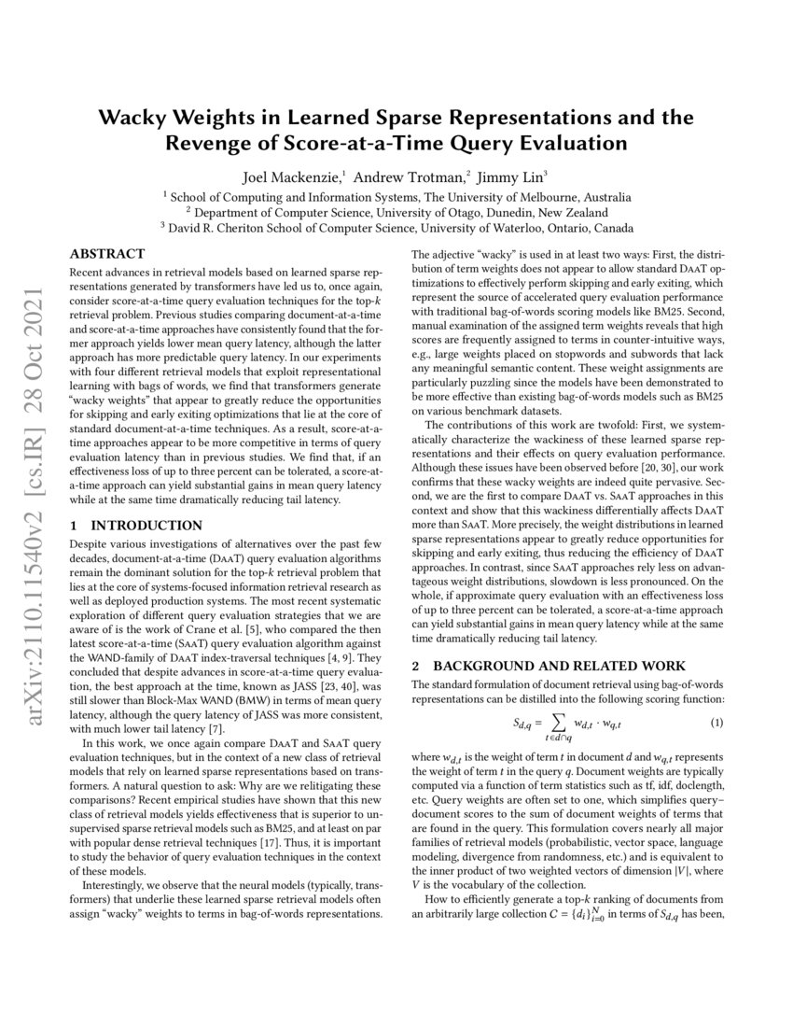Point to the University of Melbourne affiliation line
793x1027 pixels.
396,197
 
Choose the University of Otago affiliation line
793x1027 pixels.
396,212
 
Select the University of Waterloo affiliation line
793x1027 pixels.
396,227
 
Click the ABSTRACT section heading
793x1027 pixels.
108,254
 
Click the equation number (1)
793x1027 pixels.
716,697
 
